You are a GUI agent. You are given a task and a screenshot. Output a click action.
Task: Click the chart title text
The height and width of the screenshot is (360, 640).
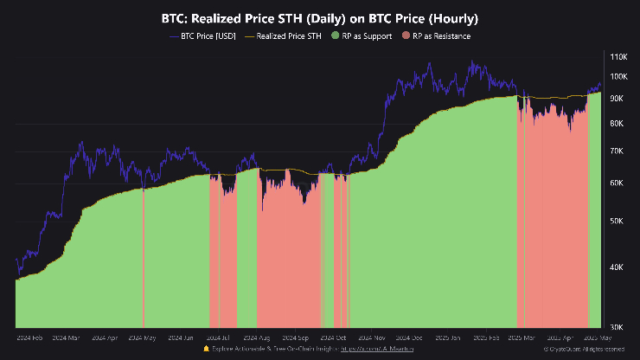pos(320,18)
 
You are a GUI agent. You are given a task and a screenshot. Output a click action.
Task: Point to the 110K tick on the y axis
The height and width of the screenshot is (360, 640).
pos(618,56)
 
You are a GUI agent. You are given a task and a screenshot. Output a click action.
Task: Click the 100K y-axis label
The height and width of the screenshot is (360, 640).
pos(618,77)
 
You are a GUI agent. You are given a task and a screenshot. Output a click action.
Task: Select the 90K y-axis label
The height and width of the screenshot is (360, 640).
pos(618,99)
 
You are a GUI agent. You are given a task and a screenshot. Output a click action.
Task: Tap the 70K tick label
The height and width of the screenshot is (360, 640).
pos(618,151)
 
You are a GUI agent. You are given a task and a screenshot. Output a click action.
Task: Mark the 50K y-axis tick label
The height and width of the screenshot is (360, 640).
pos(618,222)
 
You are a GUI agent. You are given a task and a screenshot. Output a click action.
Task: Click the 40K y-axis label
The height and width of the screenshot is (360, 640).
pos(618,267)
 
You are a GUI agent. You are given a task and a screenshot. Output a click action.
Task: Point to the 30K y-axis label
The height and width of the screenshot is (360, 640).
pos(618,326)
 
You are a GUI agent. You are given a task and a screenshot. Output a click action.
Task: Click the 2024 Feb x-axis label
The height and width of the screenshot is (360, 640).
pos(31,338)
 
